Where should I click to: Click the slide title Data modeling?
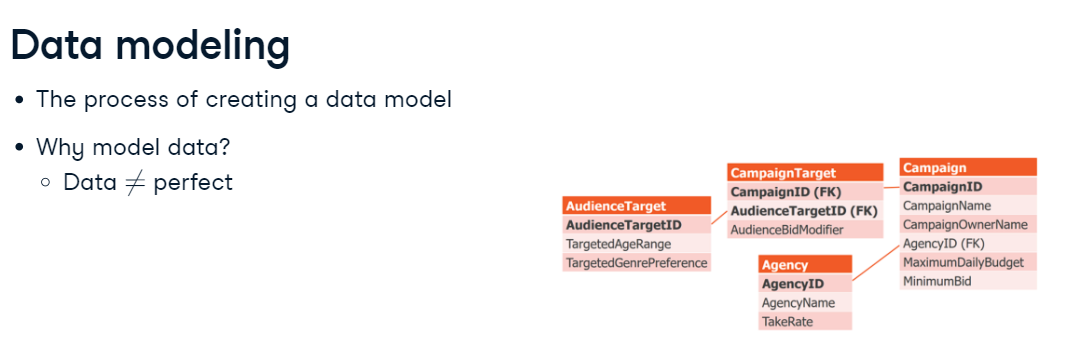tap(150, 46)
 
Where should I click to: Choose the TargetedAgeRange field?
tap(618, 244)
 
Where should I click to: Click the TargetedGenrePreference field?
tap(636, 263)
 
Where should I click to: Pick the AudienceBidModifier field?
tap(787, 230)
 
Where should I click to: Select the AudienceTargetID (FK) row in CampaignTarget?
tap(803, 211)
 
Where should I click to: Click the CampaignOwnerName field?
tap(965, 225)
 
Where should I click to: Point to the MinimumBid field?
tap(937, 281)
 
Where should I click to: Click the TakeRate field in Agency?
tap(787, 322)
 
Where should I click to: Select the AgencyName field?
tap(798, 303)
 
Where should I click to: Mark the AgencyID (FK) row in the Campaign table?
tap(943, 243)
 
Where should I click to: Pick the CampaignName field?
tap(946, 206)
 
